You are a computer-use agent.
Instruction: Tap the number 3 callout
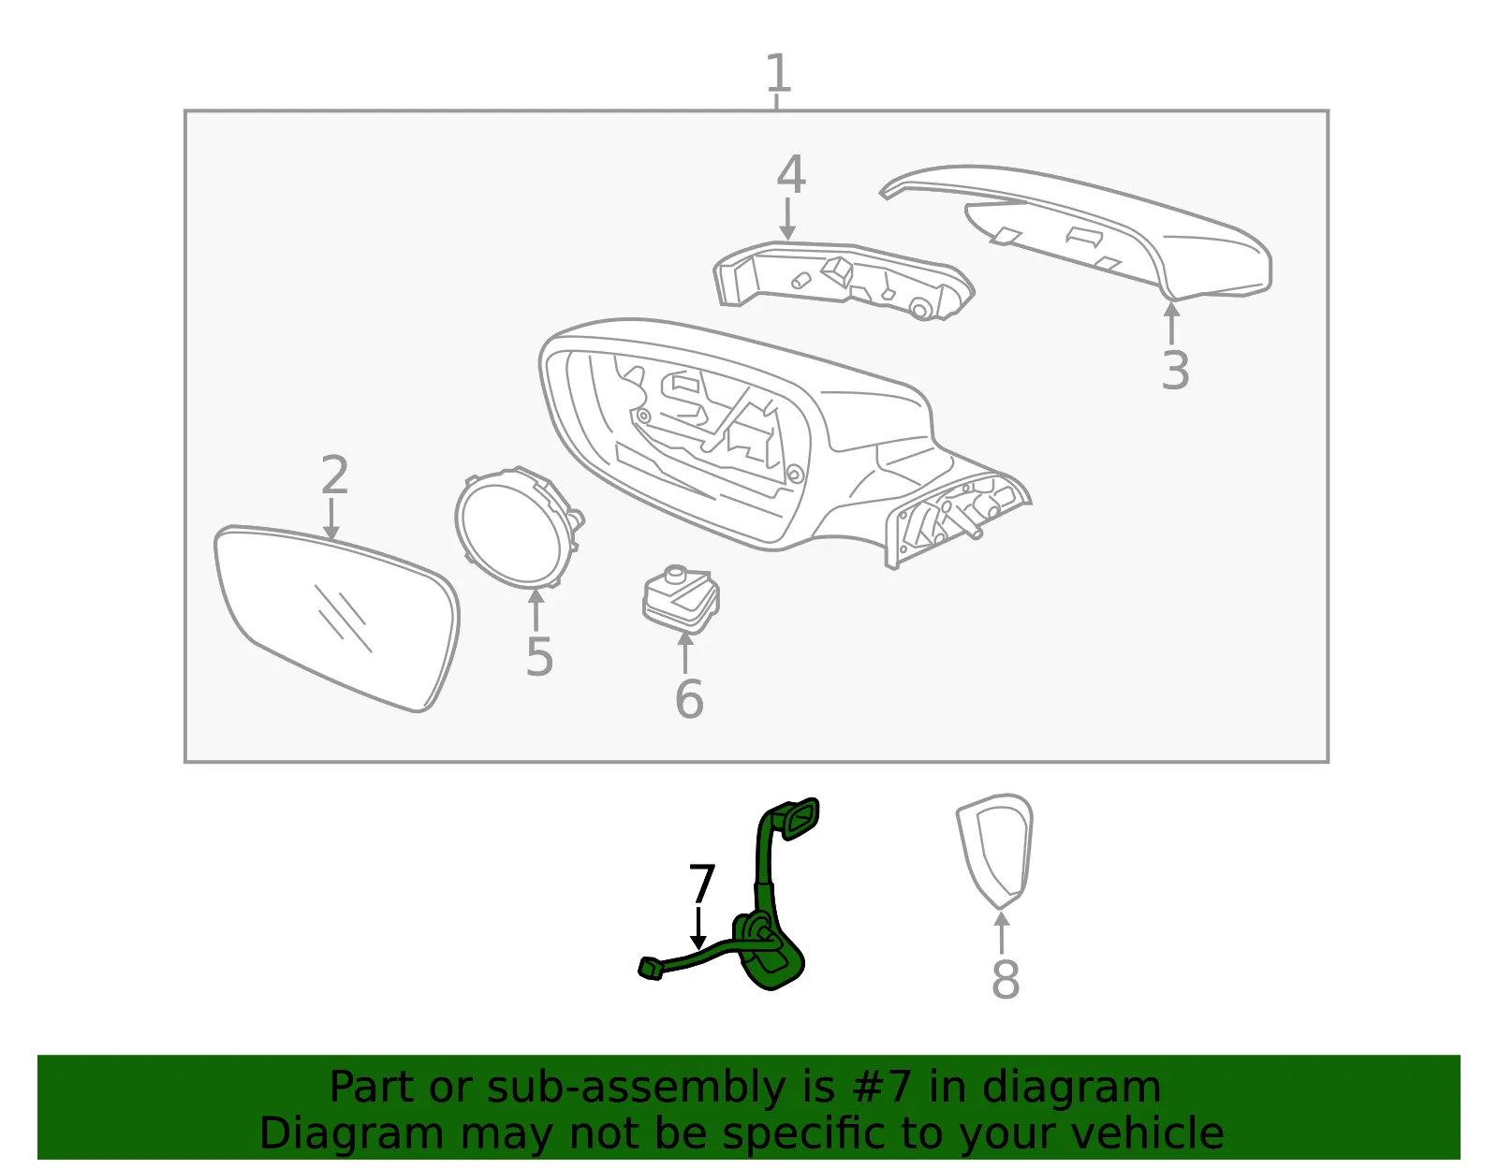[x=1175, y=371]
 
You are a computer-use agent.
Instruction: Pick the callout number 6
[x=689, y=698]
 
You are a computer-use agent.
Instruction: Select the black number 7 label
[x=702, y=884]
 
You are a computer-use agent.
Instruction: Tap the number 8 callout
[x=1006, y=979]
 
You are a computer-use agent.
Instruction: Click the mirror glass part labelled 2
[x=336, y=618]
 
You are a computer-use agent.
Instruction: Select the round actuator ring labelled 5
[x=519, y=528]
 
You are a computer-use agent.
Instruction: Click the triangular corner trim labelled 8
[x=995, y=852]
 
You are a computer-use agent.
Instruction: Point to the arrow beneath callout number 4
[x=787, y=219]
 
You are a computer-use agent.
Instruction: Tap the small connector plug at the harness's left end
[x=651, y=969]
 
